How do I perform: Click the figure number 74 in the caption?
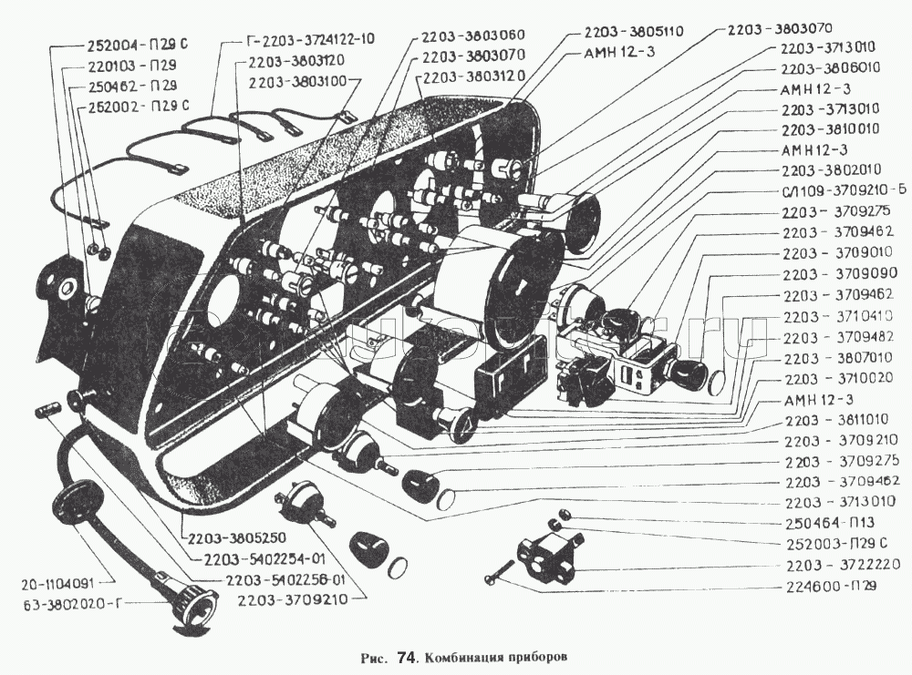[x=409, y=656]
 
